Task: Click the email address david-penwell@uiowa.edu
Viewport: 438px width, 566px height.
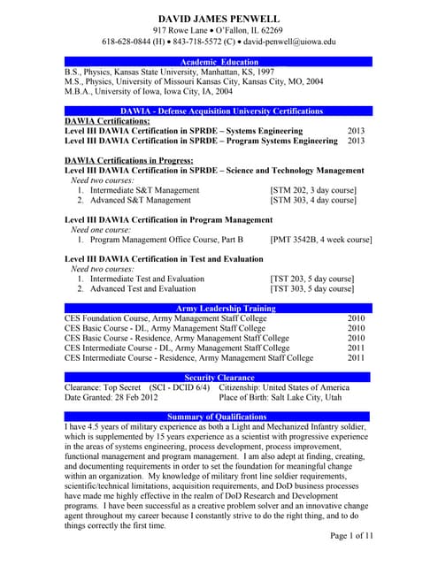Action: pos(292,42)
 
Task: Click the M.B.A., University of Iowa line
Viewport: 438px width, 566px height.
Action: pos(149,91)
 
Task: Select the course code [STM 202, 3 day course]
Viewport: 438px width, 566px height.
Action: pos(312,190)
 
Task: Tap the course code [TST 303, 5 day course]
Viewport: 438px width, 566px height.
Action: pos(311,289)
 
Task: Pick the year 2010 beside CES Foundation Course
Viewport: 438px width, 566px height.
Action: pos(356,318)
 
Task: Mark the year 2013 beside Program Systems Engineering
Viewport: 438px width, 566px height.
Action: pos(356,141)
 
